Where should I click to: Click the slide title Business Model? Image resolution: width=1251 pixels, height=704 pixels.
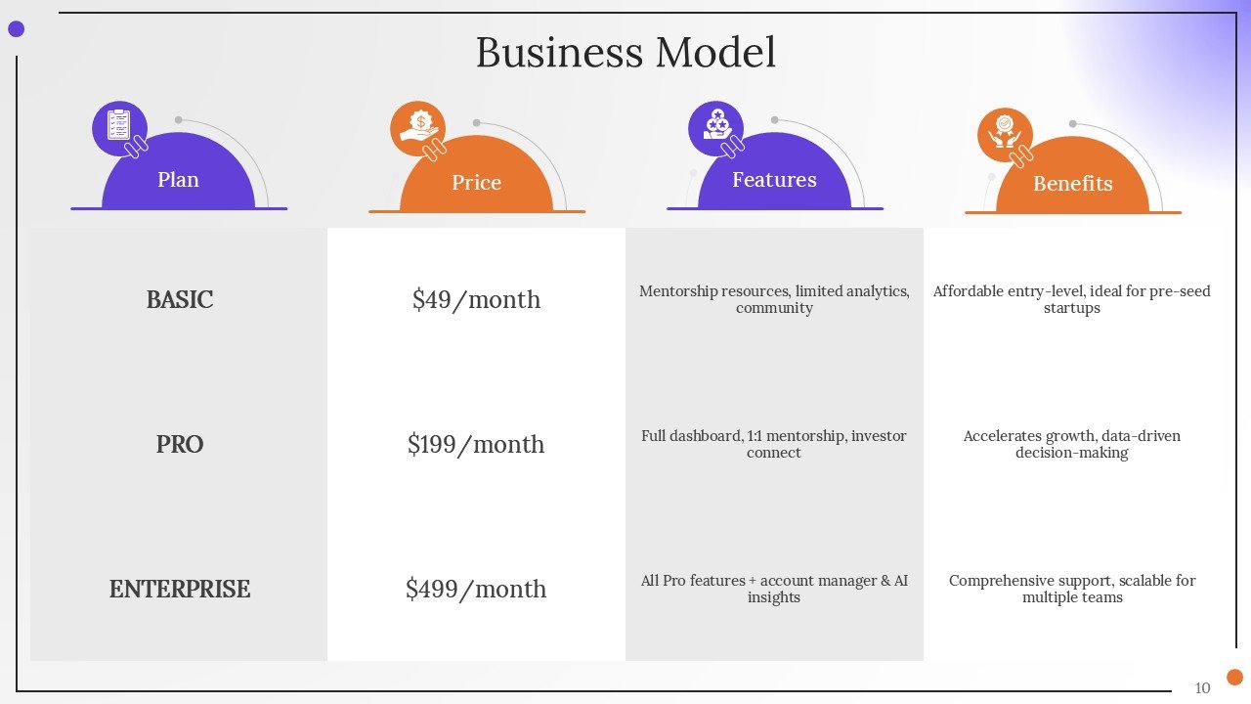click(x=625, y=53)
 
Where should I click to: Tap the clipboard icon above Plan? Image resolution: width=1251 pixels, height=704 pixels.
click(x=119, y=127)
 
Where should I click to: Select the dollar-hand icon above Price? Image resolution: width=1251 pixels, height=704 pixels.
click(x=418, y=128)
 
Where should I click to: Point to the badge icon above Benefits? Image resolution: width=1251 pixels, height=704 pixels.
click(x=1005, y=133)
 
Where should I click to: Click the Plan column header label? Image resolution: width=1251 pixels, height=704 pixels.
click(x=178, y=180)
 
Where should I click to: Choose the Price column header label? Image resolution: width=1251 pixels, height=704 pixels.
click(x=476, y=183)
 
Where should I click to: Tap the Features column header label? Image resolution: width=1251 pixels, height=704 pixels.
click(x=774, y=180)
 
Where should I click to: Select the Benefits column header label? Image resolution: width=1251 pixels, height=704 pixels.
click(x=1072, y=184)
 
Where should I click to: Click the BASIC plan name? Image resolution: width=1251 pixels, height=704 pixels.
click(x=179, y=299)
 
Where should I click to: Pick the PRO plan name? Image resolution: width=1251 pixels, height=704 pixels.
click(x=179, y=444)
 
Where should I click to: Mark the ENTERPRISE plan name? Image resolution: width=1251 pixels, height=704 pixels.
click(x=179, y=589)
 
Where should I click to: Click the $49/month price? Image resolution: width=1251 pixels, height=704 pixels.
click(x=476, y=299)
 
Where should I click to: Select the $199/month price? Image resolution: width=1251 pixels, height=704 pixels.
click(x=476, y=444)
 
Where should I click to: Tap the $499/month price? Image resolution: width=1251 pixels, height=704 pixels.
click(x=476, y=589)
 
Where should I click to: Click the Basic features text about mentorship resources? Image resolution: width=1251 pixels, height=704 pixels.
click(x=774, y=299)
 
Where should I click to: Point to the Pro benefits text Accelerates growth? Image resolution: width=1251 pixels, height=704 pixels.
click(x=1072, y=444)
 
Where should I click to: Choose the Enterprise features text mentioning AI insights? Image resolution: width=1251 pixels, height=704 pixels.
click(x=774, y=589)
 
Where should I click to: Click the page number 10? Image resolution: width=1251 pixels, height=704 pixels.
click(x=1202, y=687)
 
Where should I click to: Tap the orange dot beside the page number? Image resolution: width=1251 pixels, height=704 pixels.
click(x=1234, y=677)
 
